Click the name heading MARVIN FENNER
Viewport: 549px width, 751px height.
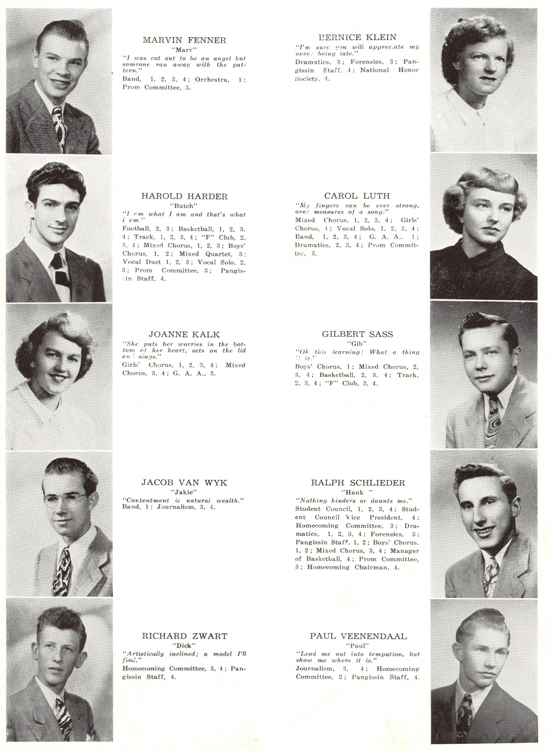pyautogui.click(x=184, y=40)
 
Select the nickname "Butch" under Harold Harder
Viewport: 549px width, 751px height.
pyautogui.click(x=184, y=206)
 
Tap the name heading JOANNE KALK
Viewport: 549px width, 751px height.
pyautogui.click(x=183, y=334)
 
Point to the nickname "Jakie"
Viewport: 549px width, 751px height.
pyautogui.click(x=184, y=492)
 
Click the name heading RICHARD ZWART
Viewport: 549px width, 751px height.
pyautogui.click(x=184, y=636)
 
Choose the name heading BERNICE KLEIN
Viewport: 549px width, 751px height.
pyautogui.click(x=357, y=37)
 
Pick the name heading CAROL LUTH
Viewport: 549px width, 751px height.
pyautogui.click(x=357, y=196)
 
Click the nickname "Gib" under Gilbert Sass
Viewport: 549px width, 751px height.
pyautogui.click(x=357, y=343)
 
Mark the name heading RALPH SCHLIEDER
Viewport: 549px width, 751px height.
pyautogui.click(x=357, y=483)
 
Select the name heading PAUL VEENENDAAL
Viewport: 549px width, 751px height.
pyautogui.click(x=358, y=636)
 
